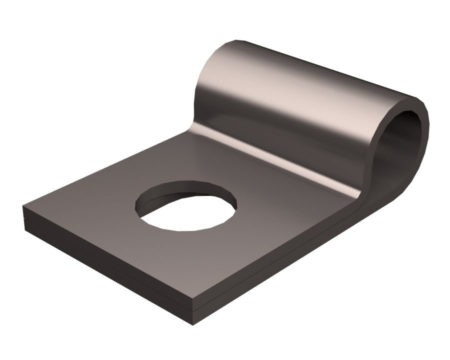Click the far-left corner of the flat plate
coord(24,206)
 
